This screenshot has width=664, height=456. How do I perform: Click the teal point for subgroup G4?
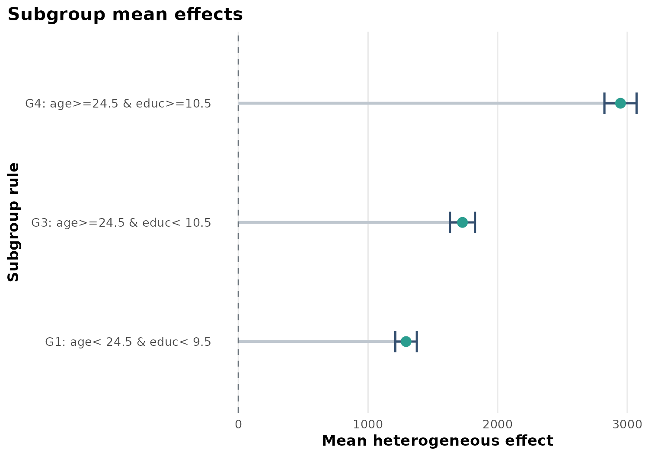point(620,103)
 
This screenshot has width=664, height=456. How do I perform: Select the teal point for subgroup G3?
point(462,222)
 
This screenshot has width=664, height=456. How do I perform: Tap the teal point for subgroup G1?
point(405,342)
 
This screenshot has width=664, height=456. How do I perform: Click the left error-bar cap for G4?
point(604,103)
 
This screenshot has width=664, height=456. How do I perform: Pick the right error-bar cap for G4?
point(637,103)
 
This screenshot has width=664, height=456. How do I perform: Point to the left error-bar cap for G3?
point(450,222)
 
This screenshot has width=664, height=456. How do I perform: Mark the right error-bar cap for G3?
point(475,222)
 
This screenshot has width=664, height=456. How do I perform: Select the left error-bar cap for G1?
point(395,342)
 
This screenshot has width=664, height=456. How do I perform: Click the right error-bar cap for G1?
point(417,342)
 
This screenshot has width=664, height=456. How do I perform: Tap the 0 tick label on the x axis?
point(238,424)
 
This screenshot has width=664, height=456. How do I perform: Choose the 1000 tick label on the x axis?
point(368,424)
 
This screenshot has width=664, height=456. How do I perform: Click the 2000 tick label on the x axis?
point(498,424)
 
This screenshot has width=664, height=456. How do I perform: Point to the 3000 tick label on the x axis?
point(627,424)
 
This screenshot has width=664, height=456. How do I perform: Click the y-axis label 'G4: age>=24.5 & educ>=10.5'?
point(118,104)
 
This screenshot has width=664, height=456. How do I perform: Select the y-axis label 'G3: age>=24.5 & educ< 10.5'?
point(121,223)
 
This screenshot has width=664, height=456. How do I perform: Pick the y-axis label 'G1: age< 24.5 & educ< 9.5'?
point(128,342)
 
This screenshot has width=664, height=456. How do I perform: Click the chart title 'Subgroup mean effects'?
point(125,15)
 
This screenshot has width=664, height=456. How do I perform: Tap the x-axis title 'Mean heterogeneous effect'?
point(437,441)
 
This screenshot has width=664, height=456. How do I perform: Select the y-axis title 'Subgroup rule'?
point(14,222)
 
